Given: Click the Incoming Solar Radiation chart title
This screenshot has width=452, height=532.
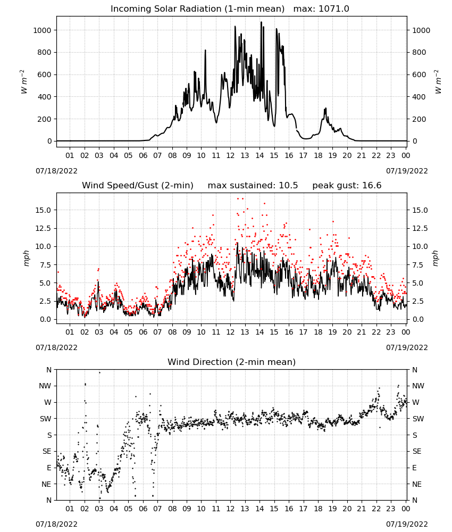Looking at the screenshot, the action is pos(197,9).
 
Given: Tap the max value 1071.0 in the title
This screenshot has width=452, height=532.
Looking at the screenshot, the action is pos(334,9).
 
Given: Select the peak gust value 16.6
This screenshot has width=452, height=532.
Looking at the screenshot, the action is pos(372,185).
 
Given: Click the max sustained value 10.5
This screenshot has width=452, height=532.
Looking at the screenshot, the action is pos(288,185).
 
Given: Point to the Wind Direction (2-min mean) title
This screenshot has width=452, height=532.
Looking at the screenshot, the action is pos(232,362).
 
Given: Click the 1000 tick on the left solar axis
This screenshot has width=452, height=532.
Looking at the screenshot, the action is pos(42,30).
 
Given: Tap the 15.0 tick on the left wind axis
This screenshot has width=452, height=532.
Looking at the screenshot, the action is pos(43,210).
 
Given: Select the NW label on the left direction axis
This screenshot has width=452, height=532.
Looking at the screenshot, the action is pos(45,386).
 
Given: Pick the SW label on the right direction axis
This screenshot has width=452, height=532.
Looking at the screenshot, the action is pos(418,419).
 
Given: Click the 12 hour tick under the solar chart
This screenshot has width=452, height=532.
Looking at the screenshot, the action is pos(230,155).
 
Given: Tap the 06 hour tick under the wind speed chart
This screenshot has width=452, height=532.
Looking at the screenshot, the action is pos(143,332).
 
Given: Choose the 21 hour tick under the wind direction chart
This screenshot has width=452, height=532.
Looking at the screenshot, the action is pos(362,509).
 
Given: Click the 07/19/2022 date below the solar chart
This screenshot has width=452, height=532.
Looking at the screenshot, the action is pos(407,171).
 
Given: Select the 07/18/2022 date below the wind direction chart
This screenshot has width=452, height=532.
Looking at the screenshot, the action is pos(56,524).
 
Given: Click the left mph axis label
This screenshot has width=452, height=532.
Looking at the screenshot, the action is pos(26,258).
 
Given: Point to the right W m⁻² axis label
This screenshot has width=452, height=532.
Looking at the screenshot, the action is pos(438,82).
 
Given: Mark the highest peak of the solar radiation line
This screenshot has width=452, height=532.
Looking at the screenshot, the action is pos(261,22).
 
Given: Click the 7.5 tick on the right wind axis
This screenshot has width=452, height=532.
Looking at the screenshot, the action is pos(417,264).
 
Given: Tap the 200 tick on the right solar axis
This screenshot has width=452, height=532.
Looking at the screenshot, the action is pos(419,119).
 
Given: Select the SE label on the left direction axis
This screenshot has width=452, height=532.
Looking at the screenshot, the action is pos(47,451).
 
